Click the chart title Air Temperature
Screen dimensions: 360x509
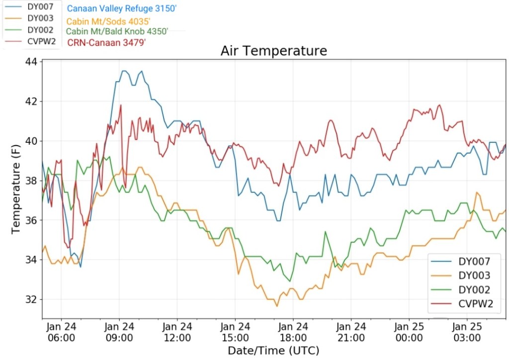274,51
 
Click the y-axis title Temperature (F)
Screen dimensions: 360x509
16,189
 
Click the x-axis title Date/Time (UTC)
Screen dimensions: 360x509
273,351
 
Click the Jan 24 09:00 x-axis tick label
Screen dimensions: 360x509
119,332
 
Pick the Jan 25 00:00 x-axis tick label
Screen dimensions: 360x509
409,332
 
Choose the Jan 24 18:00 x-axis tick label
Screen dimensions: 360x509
293,332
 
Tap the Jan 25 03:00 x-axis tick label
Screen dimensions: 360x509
467,332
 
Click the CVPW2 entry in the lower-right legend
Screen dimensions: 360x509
476,304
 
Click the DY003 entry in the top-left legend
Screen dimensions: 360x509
40,18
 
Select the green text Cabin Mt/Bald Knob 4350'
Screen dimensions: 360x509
117,31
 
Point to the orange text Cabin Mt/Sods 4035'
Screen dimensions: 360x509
108,20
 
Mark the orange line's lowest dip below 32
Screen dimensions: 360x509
277,306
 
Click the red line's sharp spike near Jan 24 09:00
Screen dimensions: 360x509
120,105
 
